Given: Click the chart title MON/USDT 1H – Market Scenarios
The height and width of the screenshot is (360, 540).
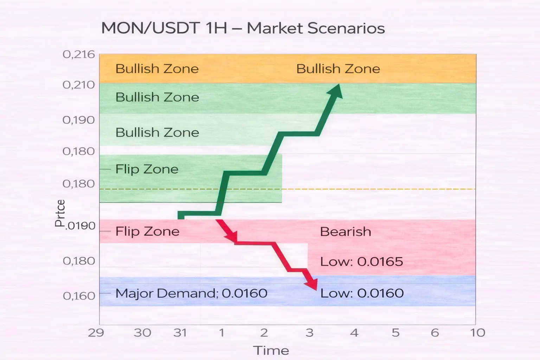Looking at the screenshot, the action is coord(243,28).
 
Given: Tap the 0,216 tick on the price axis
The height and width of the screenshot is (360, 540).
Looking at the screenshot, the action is coord(79,54).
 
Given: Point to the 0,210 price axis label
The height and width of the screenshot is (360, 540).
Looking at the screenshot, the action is coord(79,85).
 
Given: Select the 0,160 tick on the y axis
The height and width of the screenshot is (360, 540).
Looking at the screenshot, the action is coord(79,296).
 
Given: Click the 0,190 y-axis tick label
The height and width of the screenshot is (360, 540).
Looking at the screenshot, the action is coord(79,120).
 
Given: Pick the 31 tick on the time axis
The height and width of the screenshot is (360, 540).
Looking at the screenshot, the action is coord(180,333).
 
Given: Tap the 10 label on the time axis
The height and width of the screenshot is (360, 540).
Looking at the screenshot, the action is coord(477,333).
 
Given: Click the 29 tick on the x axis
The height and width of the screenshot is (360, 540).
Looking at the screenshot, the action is coord(96,333).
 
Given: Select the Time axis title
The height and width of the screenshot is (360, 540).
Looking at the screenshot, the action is coord(271,351).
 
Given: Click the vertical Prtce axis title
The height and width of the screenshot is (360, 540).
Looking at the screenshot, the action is coord(60,213).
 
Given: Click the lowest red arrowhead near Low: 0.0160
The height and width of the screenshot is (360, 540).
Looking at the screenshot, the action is coord(311,284).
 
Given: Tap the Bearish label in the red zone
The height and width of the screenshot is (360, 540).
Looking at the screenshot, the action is coord(346,232).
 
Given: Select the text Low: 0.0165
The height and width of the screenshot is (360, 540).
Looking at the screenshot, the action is coord(362,262).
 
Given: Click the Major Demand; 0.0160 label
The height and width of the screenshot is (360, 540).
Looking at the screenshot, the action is coord(191,294).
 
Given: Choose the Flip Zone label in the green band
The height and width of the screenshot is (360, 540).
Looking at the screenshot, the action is coord(147,169).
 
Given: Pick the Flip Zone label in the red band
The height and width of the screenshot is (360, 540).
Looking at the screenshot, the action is coord(147,231).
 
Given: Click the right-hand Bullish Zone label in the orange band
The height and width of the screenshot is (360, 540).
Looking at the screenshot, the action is coord(338,69).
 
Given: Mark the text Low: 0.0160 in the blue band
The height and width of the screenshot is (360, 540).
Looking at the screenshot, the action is coord(362,293).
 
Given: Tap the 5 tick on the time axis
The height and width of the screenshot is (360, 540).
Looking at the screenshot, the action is coord(396,333).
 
